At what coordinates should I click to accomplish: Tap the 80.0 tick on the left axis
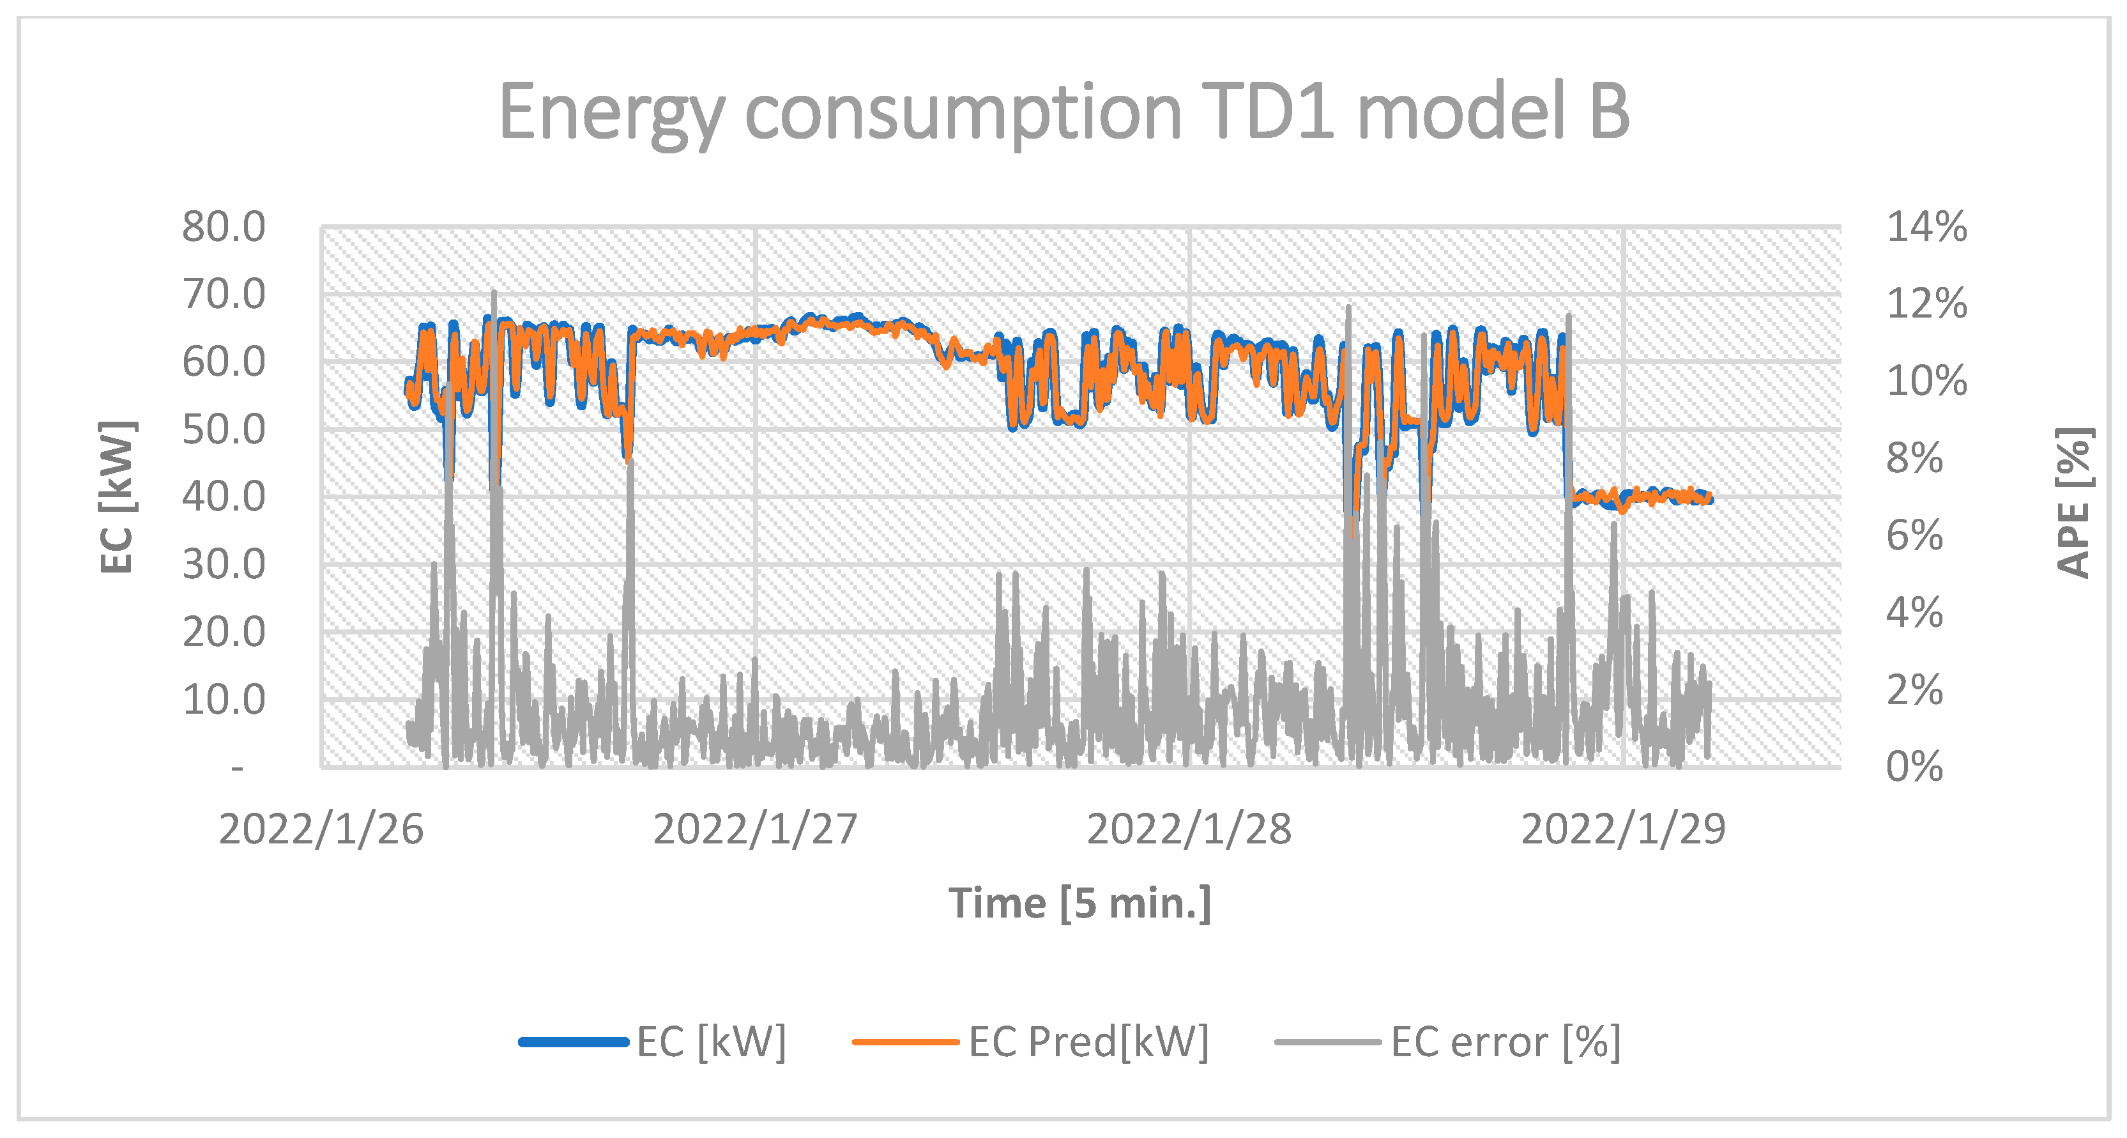pyautogui.click(x=224, y=226)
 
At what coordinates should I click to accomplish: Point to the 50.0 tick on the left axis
pyautogui.click(x=224, y=429)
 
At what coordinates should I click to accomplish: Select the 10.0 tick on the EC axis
pyautogui.click(x=224, y=700)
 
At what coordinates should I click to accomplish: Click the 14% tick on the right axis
pyautogui.click(x=1926, y=226)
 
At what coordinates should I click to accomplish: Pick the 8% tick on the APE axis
pyautogui.click(x=1914, y=458)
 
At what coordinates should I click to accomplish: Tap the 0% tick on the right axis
pyautogui.click(x=1914, y=767)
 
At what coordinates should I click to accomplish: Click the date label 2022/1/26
pyautogui.click(x=321, y=829)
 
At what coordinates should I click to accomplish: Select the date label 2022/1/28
pyautogui.click(x=1189, y=829)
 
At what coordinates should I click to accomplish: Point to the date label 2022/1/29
pyautogui.click(x=1623, y=829)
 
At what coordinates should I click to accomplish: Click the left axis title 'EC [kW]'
pyautogui.click(x=116, y=497)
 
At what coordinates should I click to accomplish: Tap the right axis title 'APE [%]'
pyautogui.click(x=2073, y=502)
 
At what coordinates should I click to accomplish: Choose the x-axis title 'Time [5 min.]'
pyautogui.click(x=1079, y=903)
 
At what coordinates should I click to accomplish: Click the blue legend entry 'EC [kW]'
pyautogui.click(x=710, y=1042)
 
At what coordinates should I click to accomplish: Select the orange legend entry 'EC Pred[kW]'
pyautogui.click(x=1087, y=1042)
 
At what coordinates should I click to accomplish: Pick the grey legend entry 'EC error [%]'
pyautogui.click(x=1504, y=1042)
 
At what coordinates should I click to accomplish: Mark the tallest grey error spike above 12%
pyautogui.click(x=494, y=294)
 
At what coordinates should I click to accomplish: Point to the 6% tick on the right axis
pyautogui.click(x=1914, y=536)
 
